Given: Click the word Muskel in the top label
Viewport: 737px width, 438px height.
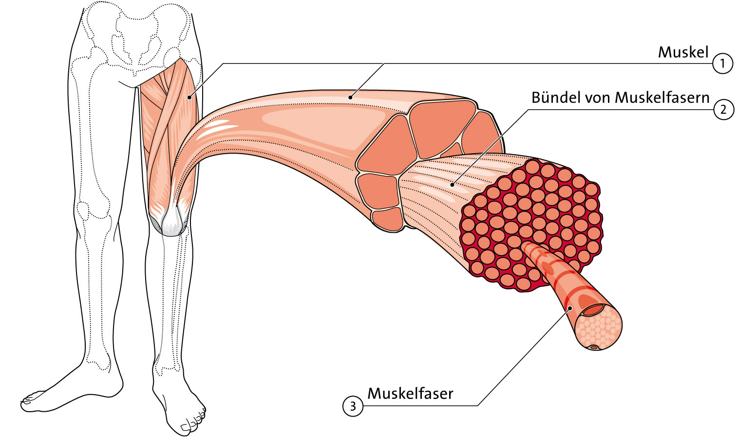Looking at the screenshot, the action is click(683, 52).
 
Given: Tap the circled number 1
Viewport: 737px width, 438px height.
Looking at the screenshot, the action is click(722, 63).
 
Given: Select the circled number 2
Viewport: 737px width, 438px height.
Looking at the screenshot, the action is click(723, 110).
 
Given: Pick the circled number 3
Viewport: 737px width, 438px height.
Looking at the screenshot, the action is click(353, 406).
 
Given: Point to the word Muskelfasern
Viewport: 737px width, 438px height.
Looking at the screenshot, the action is click(662, 98).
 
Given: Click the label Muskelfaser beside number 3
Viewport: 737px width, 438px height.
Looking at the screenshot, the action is click(410, 394).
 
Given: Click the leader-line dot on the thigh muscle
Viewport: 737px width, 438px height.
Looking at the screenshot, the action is click(189, 97).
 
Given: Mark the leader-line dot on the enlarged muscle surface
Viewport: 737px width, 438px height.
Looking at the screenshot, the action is click(350, 97).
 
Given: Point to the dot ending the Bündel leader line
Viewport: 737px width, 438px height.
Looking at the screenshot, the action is click(452, 184).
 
